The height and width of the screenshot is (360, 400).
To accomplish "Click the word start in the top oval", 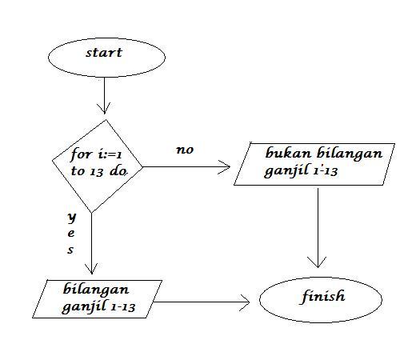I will click(x=104, y=54).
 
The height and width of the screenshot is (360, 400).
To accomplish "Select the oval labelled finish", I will click(x=323, y=298).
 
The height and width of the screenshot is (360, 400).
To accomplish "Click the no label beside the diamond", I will click(x=185, y=150).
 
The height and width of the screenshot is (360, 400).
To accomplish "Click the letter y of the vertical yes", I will click(x=71, y=217).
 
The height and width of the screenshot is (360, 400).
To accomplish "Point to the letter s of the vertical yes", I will click(x=70, y=250).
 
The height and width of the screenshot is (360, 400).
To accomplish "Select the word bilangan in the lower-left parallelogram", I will click(x=97, y=289).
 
